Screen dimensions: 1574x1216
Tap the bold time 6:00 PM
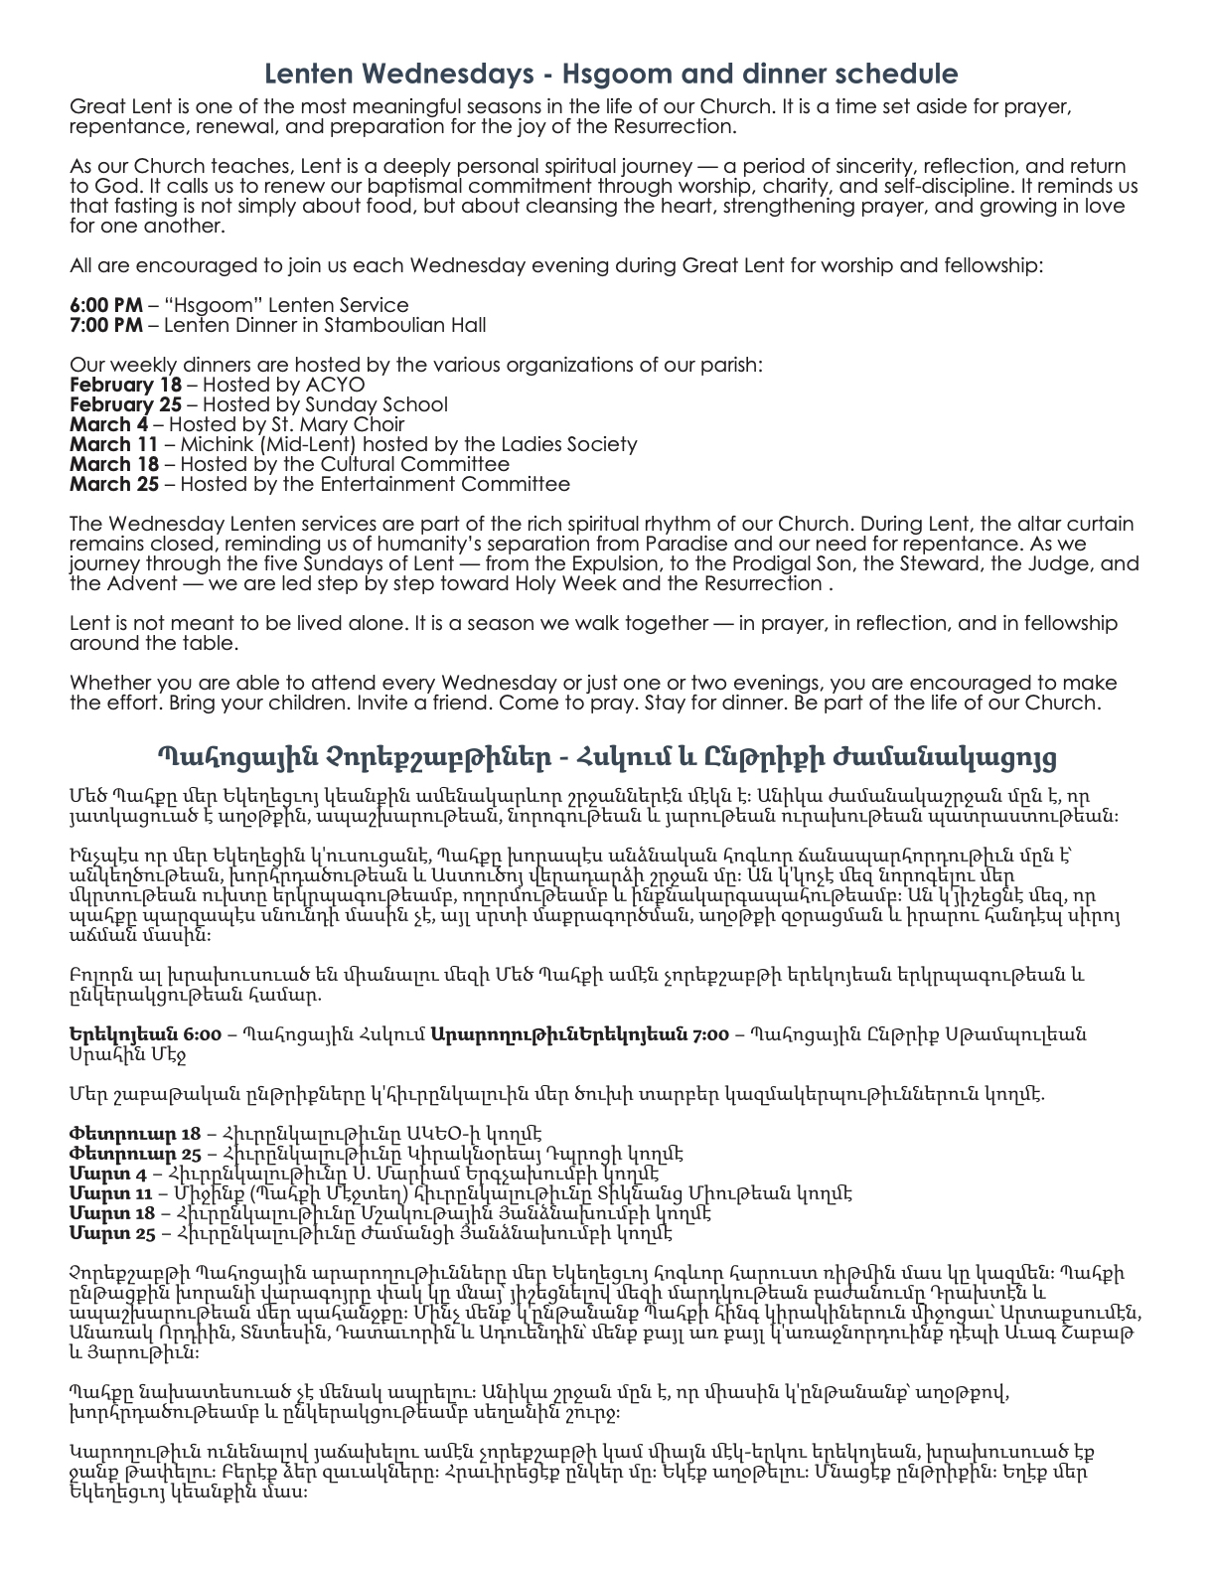coord(106,305)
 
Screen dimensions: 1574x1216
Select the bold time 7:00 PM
coord(106,325)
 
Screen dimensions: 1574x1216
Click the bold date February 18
coord(125,385)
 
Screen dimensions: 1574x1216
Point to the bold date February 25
coord(125,404)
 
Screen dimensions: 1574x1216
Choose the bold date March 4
coord(108,424)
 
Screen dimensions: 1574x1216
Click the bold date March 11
coord(113,444)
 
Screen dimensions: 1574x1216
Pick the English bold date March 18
coord(113,464)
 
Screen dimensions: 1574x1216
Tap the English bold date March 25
coord(113,484)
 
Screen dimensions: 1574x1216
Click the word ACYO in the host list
coord(336,385)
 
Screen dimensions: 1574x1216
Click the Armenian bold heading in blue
coord(607,757)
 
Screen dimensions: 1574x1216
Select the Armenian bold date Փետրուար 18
coord(135,1134)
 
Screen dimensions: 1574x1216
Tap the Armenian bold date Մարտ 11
coord(110,1193)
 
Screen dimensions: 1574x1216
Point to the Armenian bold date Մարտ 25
coord(112,1233)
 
